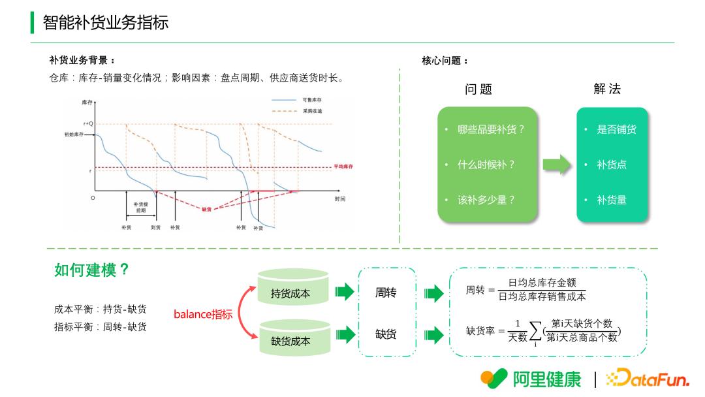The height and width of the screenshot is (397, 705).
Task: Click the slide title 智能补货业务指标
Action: [x=105, y=22]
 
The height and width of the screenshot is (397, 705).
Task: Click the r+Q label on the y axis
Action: [x=88, y=123]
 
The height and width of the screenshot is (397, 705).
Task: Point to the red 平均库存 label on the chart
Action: [x=343, y=167]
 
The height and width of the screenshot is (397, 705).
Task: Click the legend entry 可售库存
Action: [x=312, y=100]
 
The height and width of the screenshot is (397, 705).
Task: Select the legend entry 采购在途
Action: [x=312, y=111]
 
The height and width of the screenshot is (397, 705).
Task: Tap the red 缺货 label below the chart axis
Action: [x=206, y=210]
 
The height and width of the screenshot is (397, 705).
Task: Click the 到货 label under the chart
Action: [x=156, y=227]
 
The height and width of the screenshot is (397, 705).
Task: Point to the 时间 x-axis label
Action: [x=340, y=198]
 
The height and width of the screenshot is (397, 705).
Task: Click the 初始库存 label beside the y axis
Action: [x=74, y=134]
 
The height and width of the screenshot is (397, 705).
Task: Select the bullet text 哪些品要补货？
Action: [x=491, y=129]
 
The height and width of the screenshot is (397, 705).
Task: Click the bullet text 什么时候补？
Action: [x=486, y=165]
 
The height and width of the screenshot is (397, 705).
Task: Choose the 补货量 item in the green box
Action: [x=612, y=200]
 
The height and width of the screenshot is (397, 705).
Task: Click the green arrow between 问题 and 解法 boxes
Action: [x=556, y=165]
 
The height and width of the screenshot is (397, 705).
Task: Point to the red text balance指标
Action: [x=202, y=315]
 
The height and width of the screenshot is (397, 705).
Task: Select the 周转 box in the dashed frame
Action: [x=386, y=293]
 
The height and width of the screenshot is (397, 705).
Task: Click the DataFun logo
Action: [x=648, y=378]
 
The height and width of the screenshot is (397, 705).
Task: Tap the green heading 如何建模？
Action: [x=91, y=270]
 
